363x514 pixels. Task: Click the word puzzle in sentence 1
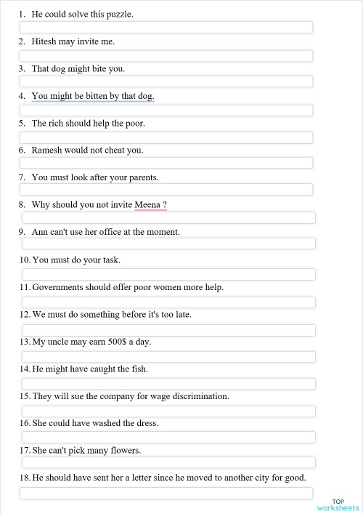[x=118, y=15]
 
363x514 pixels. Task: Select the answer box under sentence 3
[x=166, y=81]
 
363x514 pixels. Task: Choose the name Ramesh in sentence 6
[x=47, y=150]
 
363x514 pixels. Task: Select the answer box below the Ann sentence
[x=168, y=244]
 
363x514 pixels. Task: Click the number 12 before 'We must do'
[x=25, y=315]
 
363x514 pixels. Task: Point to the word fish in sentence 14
[x=139, y=369]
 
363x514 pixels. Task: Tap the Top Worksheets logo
[x=338, y=505]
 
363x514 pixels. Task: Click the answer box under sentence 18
[x=166, y=494]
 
